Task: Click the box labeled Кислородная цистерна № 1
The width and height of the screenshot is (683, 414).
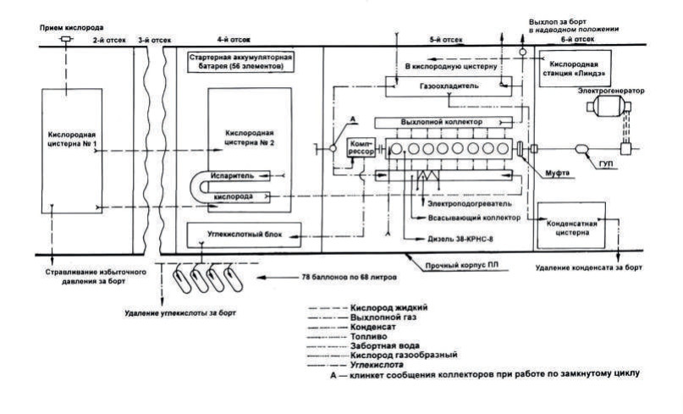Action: (x=71, y=140)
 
